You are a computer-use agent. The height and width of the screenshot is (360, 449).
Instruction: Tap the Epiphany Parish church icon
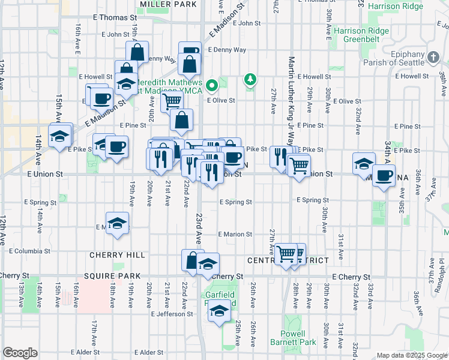pyautogui.click(x=434, y=58)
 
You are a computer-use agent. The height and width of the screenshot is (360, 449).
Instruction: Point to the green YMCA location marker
pyautogui.click(x=212, y=85)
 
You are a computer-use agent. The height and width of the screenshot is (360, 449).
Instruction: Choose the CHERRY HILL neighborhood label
pyautogui.click(x=117, y=255)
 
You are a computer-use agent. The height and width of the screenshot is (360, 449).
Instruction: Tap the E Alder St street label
pyautogui.click(x=89, y=352)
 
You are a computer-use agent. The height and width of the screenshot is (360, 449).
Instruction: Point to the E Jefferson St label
pyautogui.click(x=172, y=314)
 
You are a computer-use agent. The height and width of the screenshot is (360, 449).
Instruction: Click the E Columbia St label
pyautogui.click(x=25, y=251)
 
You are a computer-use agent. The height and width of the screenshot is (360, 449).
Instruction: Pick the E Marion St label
pyautogui.click(x=235, y=234)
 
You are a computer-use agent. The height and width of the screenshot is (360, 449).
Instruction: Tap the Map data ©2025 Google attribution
pyautogui.click(x=411, y=355)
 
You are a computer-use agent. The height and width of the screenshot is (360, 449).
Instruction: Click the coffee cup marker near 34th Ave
pyautogui.click(x=384, y=175)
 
